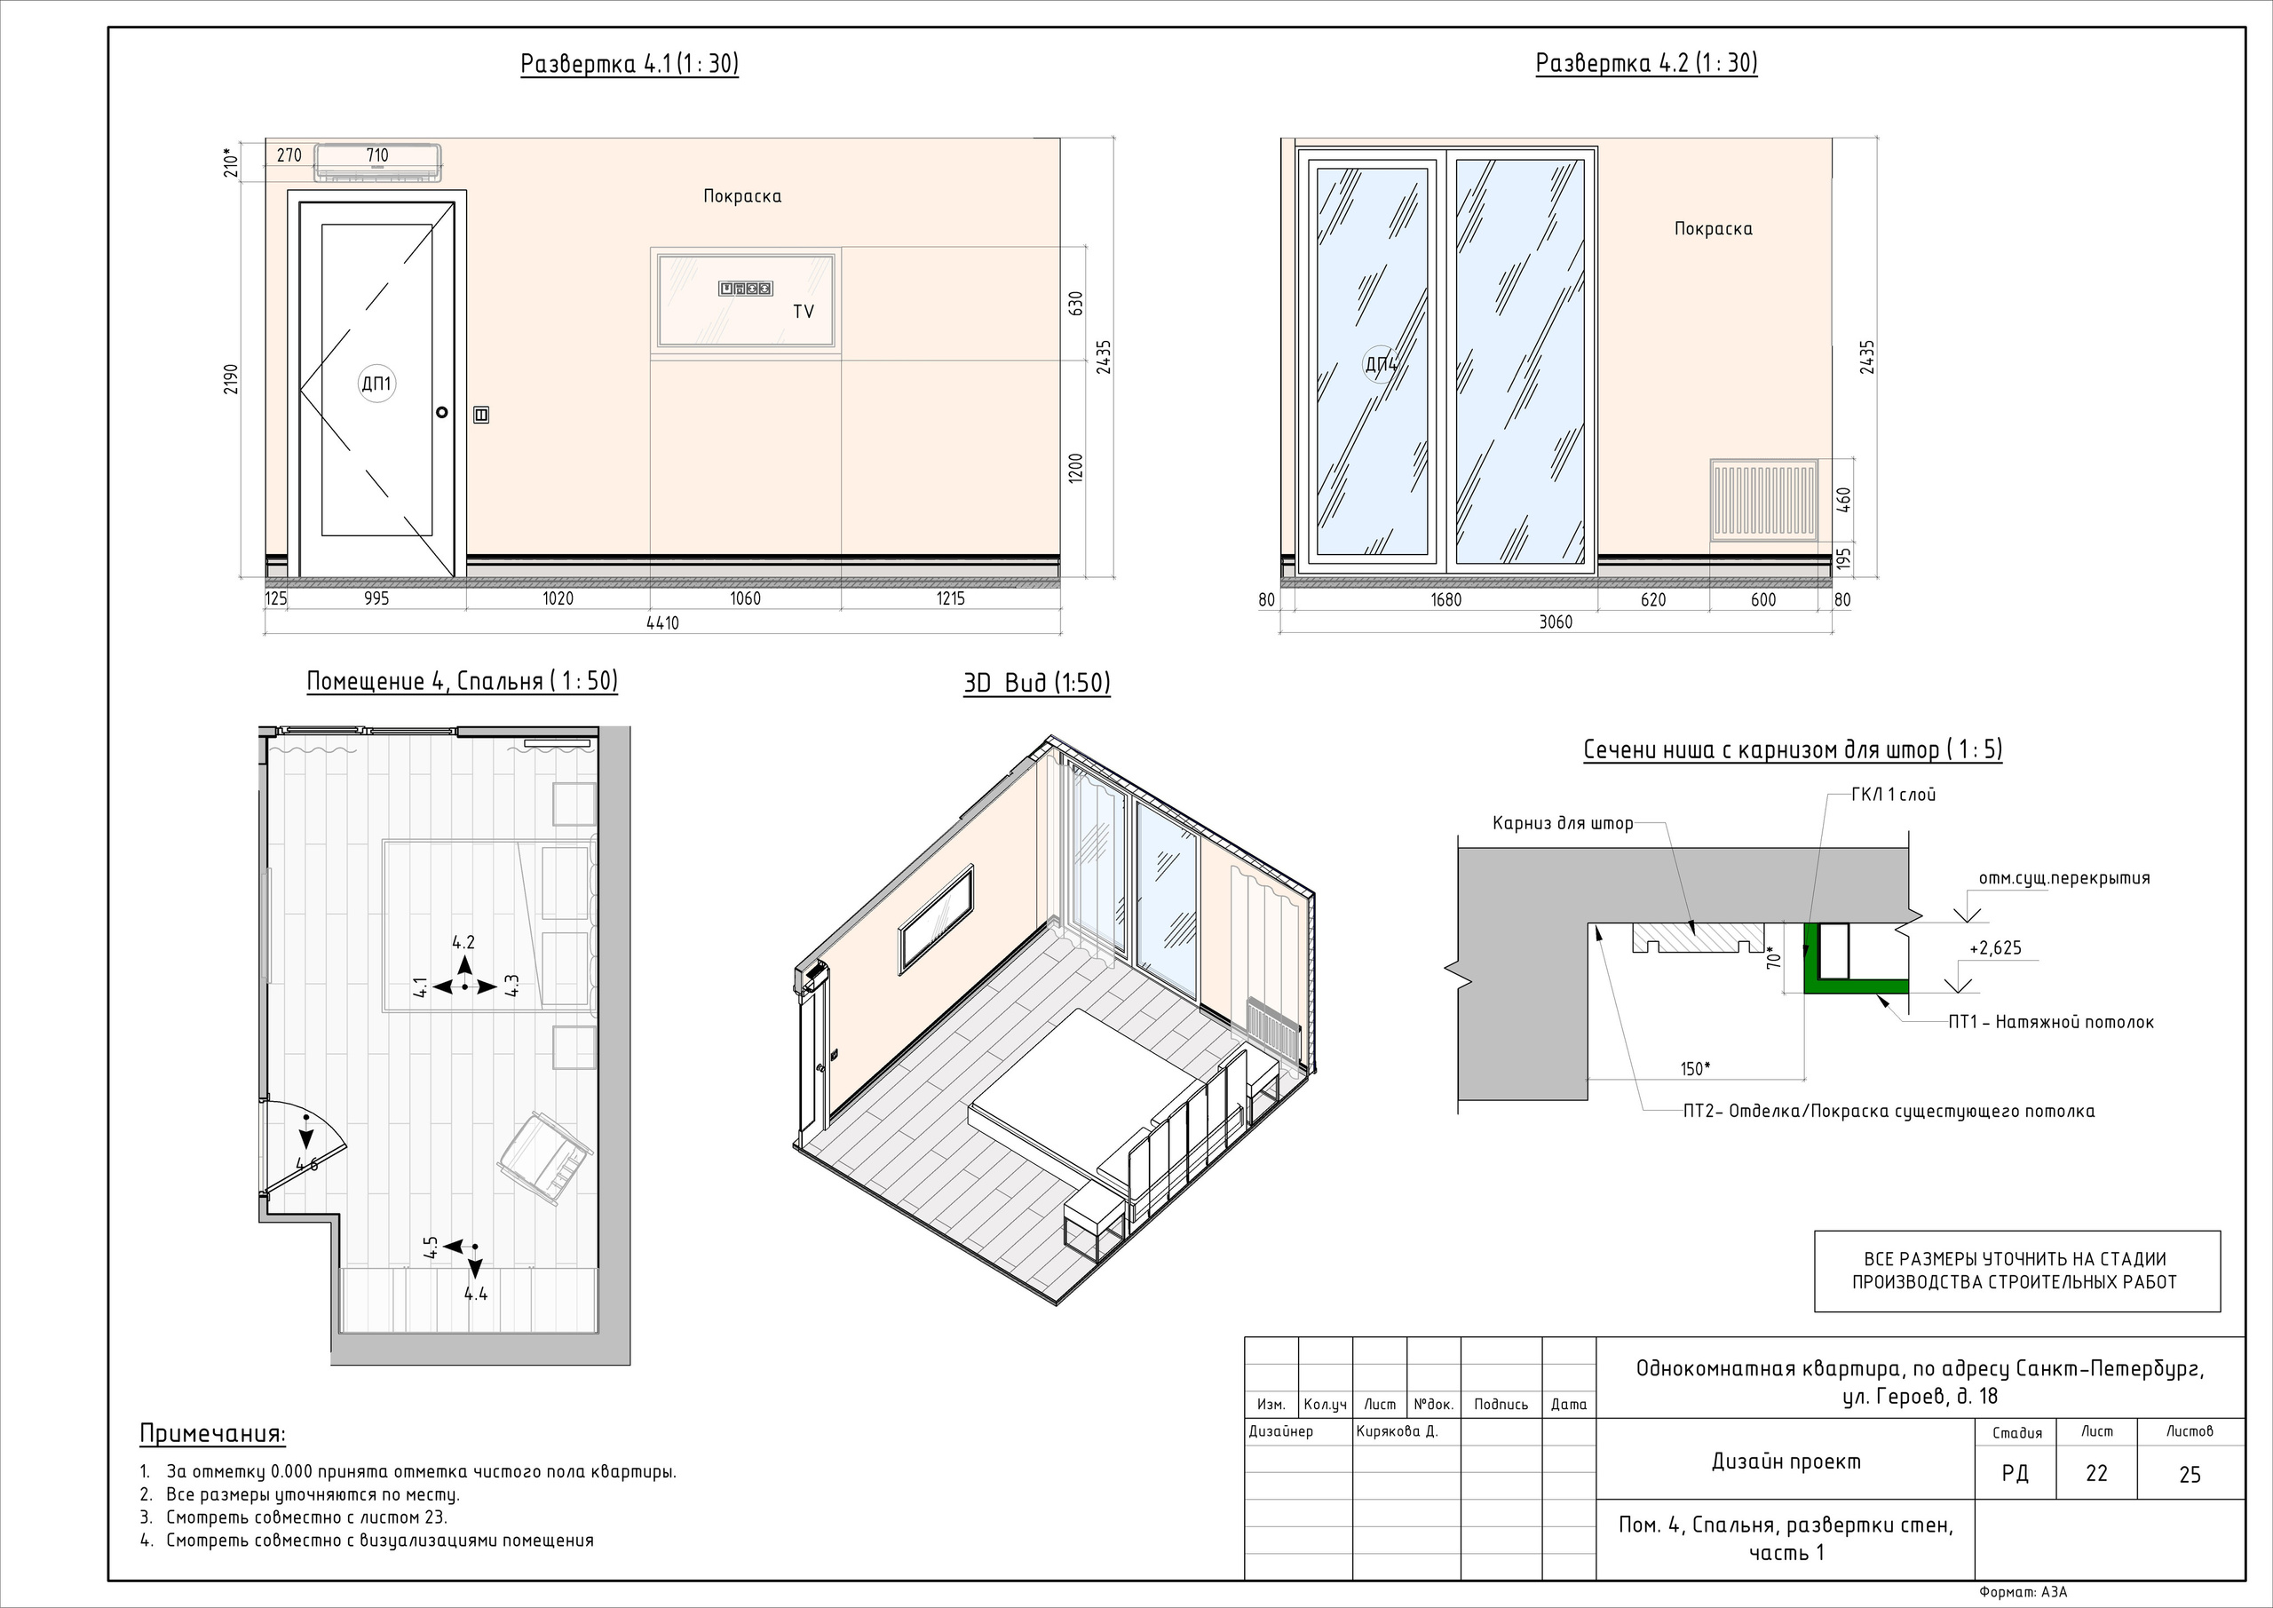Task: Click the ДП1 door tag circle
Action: tap(376, 384)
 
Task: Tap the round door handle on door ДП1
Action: tap(441, 412)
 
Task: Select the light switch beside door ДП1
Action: tap(482, 415)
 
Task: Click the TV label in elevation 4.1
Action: tap(803, 311)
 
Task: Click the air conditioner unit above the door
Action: tap(377, 162)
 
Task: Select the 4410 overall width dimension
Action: tap(662, 622)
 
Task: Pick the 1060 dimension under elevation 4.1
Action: tap(746, 598)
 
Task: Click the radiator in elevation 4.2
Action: tap(1764, 500)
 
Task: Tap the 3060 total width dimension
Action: tap(1556, 622)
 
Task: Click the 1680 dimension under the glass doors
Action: tap(1445, 599)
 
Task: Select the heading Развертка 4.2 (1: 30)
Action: tap(1646, 63)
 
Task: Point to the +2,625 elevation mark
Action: tap(1995, 947)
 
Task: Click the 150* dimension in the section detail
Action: tap(1695, 1068)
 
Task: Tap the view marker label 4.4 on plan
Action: tap(475, 1293)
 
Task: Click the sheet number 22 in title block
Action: tap(2097, 1473)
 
